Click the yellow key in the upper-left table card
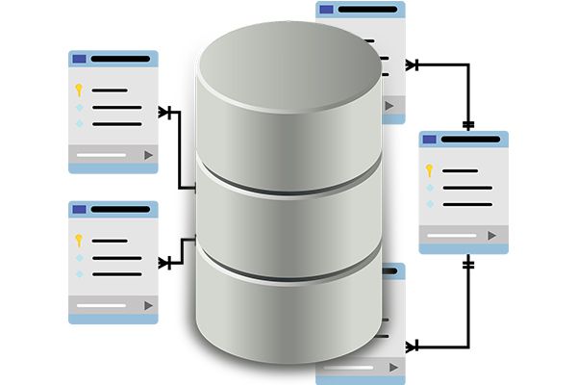(79, 90)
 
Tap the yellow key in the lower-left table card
(79, 240)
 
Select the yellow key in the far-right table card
(432, 171)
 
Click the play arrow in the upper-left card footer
(147, 154)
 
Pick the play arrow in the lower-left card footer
(147, 304)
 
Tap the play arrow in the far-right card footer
(491, 235)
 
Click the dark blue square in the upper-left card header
(79, 59)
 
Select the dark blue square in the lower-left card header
(79, 209)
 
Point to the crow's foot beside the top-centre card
(412, 64)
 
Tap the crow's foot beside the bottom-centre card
(412, 343)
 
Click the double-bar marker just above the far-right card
(468, 125)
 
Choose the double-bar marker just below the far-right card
(468, 263)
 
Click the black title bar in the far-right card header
(471, 140)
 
